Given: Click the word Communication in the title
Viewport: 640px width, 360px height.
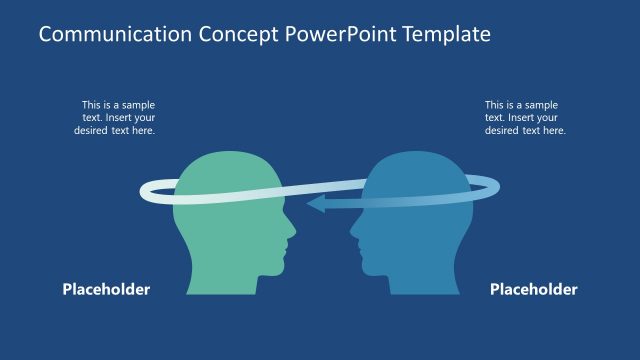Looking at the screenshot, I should click(104, 35).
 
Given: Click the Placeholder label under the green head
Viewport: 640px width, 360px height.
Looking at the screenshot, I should click(106, 290).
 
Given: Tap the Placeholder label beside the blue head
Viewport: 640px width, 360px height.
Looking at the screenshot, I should click(533, 290).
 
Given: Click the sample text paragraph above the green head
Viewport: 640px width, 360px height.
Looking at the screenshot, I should click(118, 117).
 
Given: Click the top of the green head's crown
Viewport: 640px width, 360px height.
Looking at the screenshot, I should click(225, 154).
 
